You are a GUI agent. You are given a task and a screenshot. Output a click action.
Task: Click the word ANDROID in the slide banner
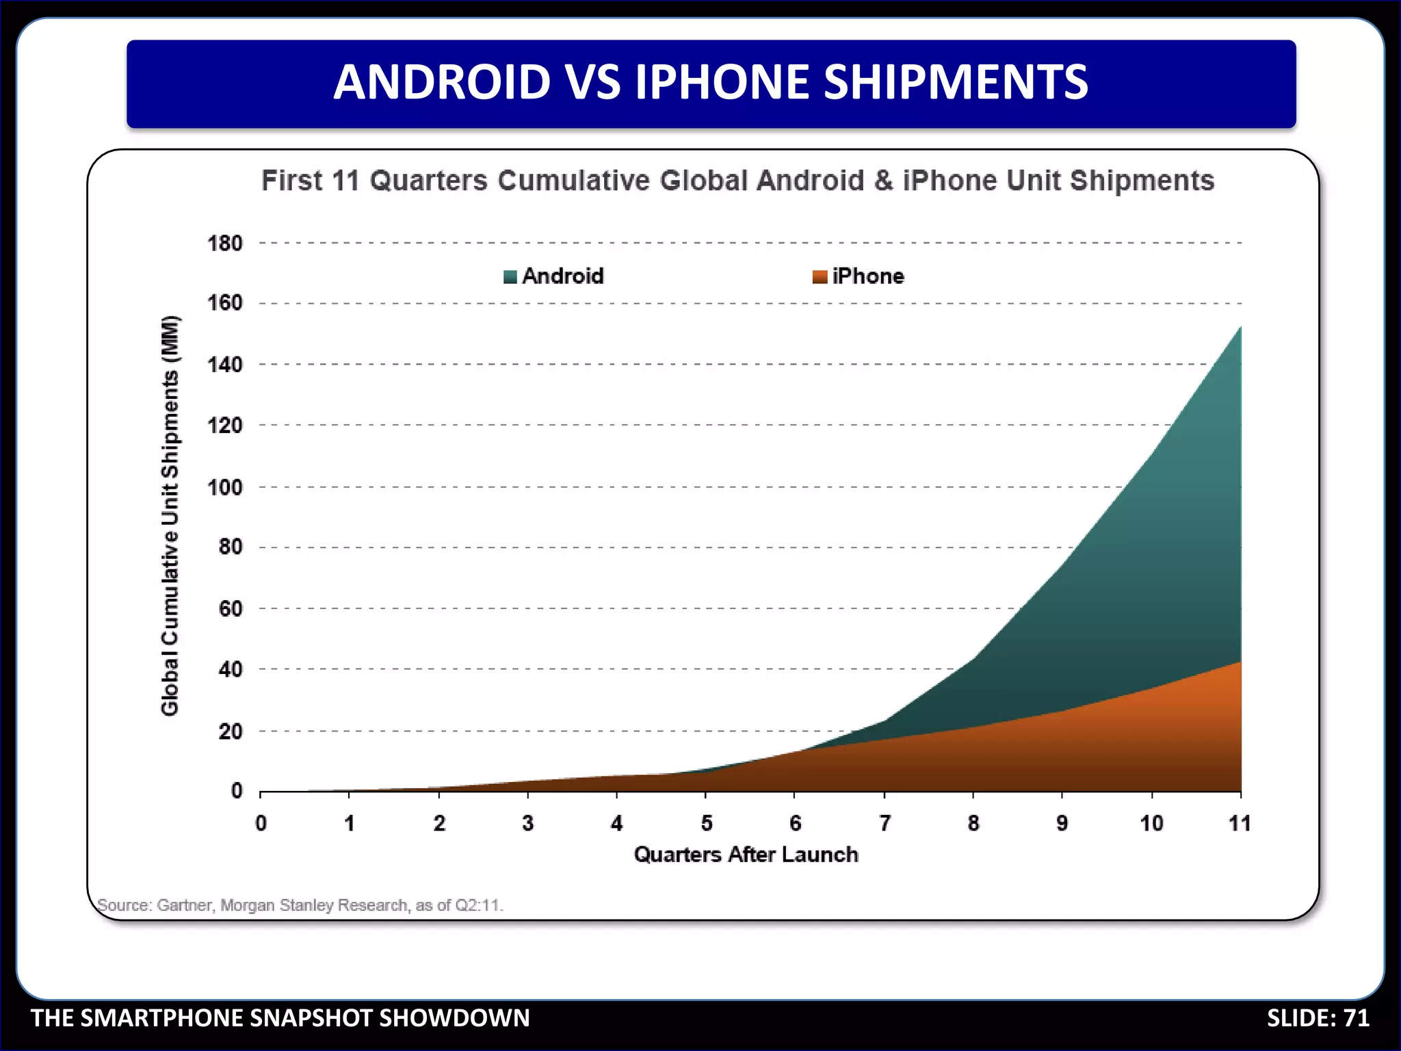click(442, 82)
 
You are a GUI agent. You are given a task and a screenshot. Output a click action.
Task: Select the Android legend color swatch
click(510, 276)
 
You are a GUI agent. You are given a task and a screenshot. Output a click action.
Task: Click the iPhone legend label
click(867, 276)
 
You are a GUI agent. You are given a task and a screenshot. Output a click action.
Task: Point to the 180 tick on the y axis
click(225, 243)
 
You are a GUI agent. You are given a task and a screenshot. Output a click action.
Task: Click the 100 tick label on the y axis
click(225, 487)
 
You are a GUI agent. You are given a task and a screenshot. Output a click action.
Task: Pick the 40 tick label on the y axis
click(231, 669)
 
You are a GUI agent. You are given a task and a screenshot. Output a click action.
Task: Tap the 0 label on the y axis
click(237, 791)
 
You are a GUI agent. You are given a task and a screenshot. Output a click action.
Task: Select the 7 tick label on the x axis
click(885, 822)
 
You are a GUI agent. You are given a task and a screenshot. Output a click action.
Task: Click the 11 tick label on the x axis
click(1240, 822)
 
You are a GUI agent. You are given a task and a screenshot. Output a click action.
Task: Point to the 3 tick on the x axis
click(527, 822)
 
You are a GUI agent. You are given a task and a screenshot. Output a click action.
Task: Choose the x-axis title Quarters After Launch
click(746, 854)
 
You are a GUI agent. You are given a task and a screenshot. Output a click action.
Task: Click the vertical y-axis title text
click(170, 516)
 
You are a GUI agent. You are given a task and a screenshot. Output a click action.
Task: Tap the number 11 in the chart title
click(345, 181)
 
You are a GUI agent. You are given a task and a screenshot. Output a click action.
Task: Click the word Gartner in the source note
click(185, 905)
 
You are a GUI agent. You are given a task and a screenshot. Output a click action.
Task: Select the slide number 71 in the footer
click(1357, 1017)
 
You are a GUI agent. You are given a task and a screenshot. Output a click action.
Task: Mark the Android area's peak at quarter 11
click(1240, 328)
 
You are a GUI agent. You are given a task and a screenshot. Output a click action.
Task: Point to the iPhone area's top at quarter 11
click(1240, 662)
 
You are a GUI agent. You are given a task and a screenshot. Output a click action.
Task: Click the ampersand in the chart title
click(884, 181)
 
